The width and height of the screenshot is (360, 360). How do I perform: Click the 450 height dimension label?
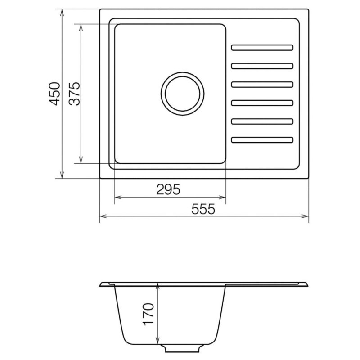55,94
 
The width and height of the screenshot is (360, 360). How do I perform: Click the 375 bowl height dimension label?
75,94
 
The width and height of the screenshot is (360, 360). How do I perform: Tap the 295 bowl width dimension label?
168,189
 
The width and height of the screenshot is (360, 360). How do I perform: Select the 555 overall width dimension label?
203,209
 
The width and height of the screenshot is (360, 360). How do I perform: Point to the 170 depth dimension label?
148,314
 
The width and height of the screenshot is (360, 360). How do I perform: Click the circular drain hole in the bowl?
183,94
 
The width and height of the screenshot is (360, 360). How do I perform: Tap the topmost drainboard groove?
262,48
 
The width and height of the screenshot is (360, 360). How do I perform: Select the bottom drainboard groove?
262,140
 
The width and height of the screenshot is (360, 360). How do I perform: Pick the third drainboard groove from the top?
262,85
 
